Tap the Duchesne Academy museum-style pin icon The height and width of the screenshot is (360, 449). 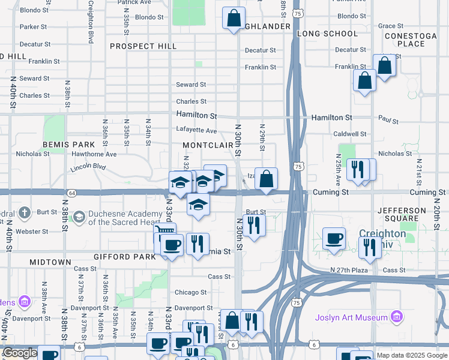click(x=79, y=217)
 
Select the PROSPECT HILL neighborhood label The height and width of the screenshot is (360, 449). click(x=143, y=46)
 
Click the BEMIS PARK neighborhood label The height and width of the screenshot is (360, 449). click(x=68, y=145)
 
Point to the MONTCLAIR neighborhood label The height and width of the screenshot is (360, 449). click(x=207, y=146)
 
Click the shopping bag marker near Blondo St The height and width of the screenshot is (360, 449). click(x=234, y=18)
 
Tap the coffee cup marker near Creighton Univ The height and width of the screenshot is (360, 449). click(x=334, y=238)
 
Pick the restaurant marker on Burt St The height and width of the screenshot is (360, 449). click(x=253, y=224)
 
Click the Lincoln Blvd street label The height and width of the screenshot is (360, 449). click(x=88, y=167)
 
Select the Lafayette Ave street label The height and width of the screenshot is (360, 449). click(x=196, y=130)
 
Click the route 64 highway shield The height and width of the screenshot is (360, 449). click(x=71, y=193)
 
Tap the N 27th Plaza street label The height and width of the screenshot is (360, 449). click(x=349, y=271)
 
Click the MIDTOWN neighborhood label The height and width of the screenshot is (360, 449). click(x=50, y=263)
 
